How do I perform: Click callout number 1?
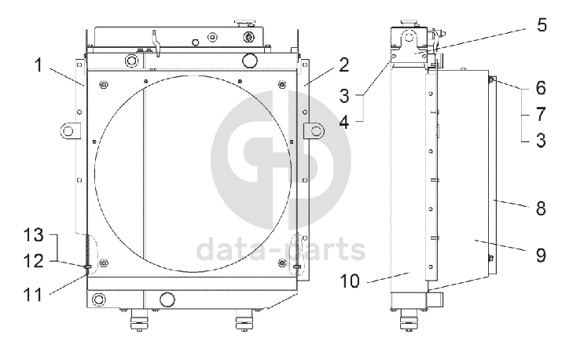click(x=39, y=65)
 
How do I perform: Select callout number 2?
click(x=343, y=65)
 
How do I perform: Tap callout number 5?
click(x=542, y=24)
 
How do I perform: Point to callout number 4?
click(x=343, y=122)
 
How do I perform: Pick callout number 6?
click(x=541, y=88)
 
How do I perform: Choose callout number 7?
click(x=541, y=114)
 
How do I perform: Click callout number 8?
click(x=541, y=208)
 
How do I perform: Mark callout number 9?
click(x=541, y=255)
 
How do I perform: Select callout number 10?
click(x=350, y=281)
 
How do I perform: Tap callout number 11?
click(x=33, y=295)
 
